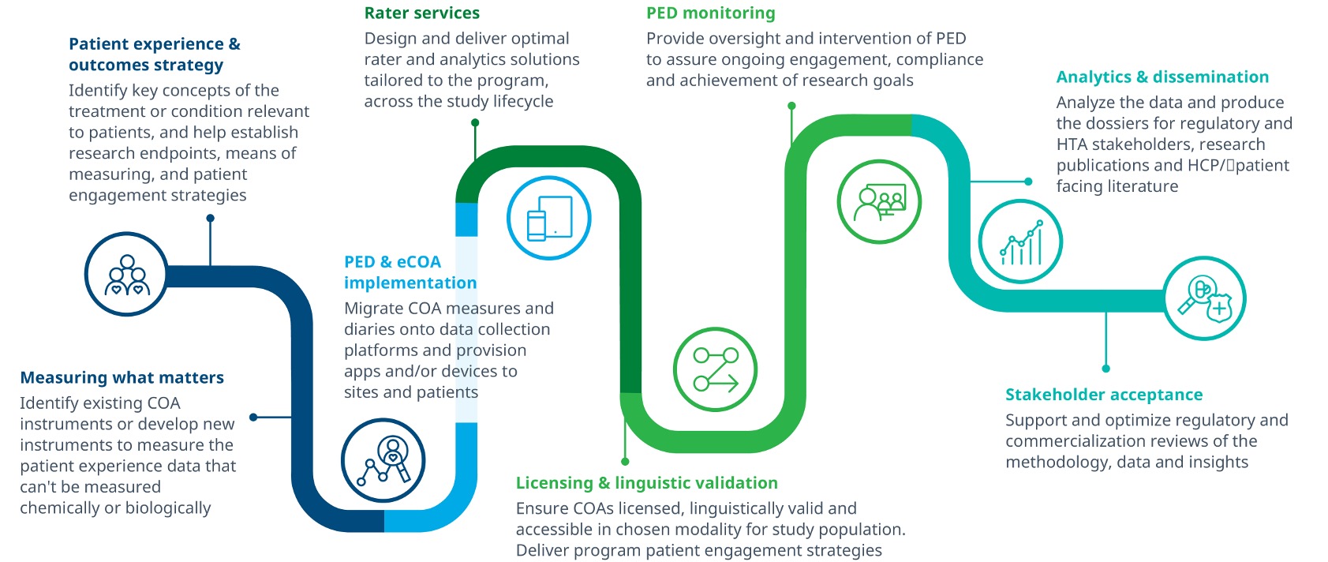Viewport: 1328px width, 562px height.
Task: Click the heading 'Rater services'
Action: click(x=421, y=13)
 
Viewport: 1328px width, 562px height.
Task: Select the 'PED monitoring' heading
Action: click(x=710, y=13)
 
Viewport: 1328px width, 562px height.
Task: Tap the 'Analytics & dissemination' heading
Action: click(x=1162, y=77)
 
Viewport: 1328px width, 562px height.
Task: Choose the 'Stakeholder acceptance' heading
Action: click(x=1103, y=395)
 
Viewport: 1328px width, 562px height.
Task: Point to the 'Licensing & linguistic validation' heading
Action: click(x=646, y=483)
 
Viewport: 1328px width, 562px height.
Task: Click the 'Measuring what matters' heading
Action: click(x=122, y=378)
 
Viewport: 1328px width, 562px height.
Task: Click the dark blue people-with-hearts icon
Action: click(x=126, y=275)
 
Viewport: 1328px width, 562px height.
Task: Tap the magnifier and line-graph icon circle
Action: click(x=383, y=460)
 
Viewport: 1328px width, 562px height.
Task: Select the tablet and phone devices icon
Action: click(x=549, y=218)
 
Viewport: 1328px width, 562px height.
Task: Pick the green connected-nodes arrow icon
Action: click(x=715, y=369)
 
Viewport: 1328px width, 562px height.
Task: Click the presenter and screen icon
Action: click(x=879, y=201)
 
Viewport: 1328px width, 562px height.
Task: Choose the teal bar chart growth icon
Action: click(x=1020, y=242)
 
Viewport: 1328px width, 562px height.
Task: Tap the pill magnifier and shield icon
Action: click(x=1204, y=298)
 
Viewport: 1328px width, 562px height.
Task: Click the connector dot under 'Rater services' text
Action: click(x=475, y=122)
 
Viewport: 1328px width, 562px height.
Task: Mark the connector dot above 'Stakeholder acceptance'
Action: click(x=1105, y=369)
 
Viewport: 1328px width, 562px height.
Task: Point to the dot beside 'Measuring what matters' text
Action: click(x=253, y=417)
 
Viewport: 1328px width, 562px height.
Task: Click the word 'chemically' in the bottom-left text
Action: click(x=59, y=508)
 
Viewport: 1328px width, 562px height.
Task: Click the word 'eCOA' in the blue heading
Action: click(x=418, y=262)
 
